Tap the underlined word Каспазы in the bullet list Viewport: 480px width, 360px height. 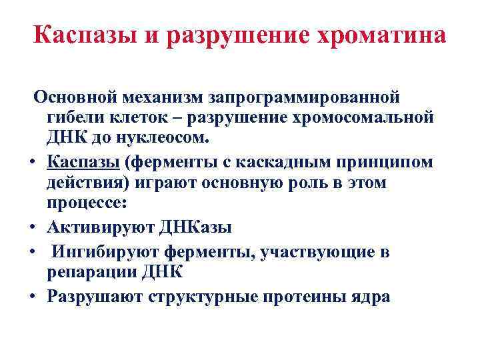click(x=83, y=161)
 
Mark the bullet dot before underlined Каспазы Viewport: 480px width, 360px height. click(x=32, y=162)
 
